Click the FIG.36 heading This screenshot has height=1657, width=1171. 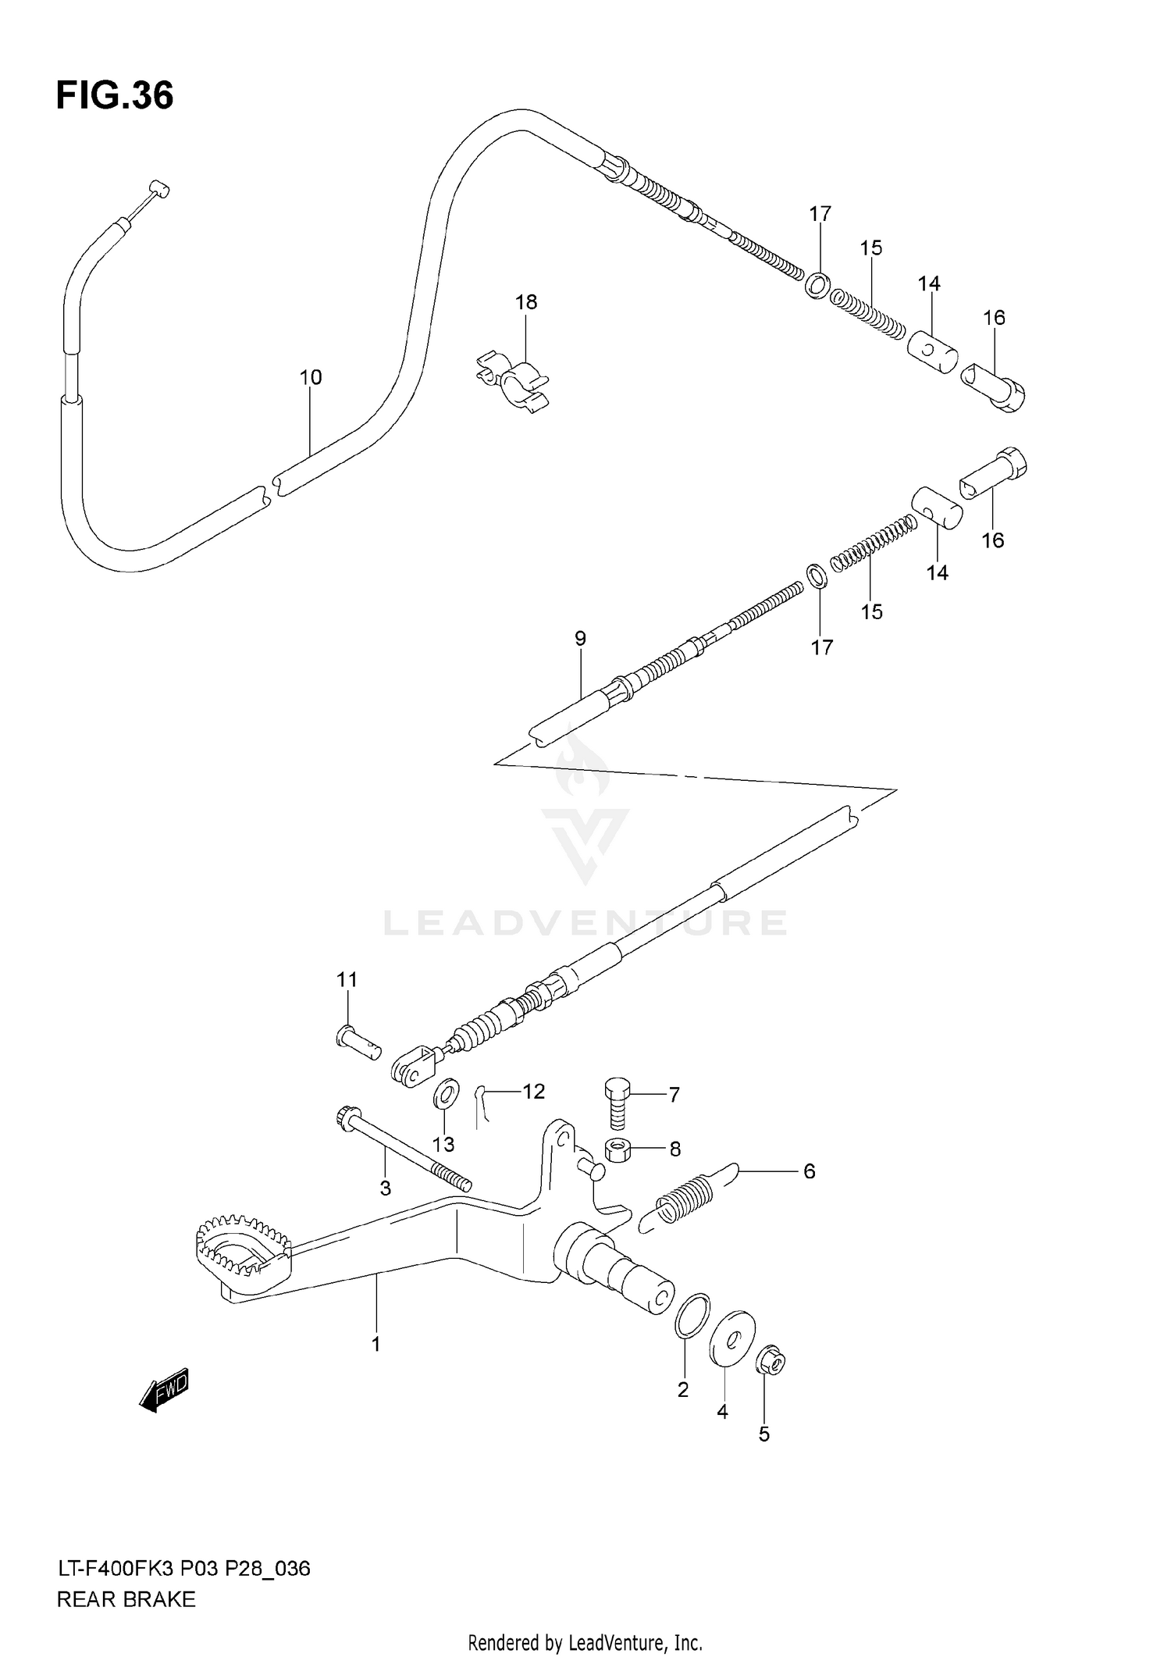pos(115,96)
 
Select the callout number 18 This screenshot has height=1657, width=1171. pos(526,302)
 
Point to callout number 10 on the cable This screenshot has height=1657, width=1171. pos(311,377)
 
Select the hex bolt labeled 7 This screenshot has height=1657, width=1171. pos(617,1102)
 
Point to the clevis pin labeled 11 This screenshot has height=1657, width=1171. pos(357,1042)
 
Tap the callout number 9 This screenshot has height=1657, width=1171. pos(580,639)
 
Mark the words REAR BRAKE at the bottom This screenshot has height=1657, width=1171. pos(126,1599)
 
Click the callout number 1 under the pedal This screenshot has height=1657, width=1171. pos(376,1345)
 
